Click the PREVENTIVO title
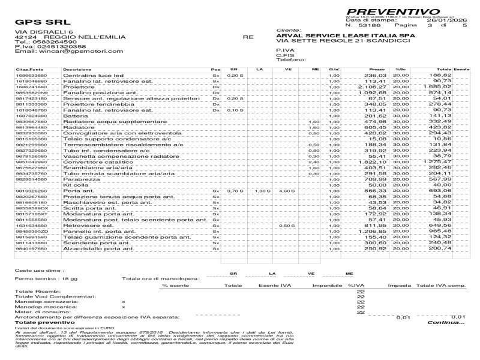pos(392,12)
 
